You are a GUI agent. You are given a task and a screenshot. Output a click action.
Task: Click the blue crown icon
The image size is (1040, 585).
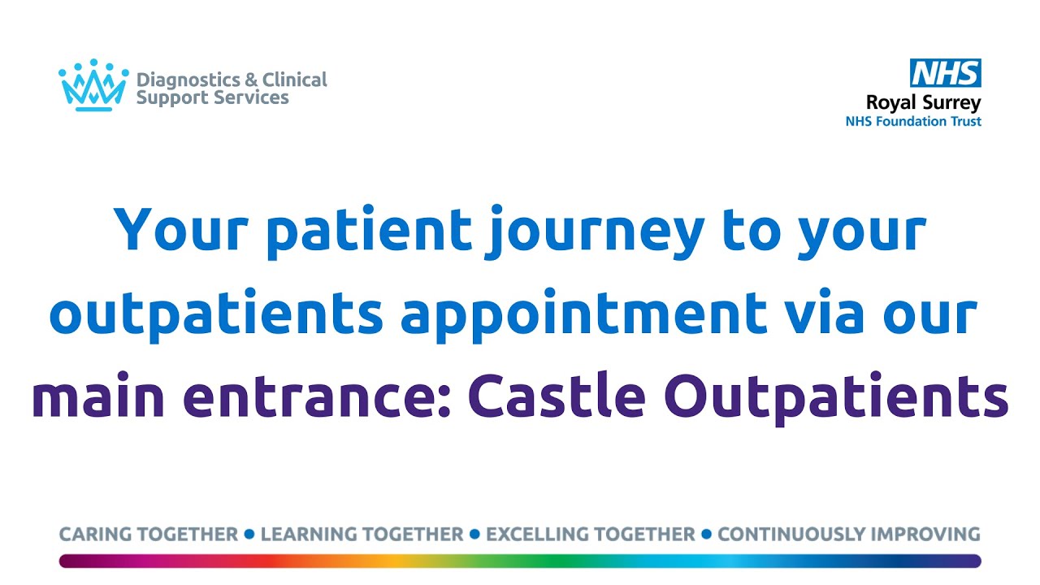coord(93,85)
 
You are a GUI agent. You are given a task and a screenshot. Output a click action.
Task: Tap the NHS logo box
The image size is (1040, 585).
coord(944,73)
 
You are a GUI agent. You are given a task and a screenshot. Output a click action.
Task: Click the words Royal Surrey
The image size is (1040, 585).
coord(923,103)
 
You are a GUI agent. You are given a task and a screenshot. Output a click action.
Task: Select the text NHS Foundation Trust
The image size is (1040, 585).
coord(913,122)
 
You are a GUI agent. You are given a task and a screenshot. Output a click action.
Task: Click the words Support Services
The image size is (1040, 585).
coord(212,98)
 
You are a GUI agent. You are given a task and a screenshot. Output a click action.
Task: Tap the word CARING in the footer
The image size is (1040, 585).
coord(98,535)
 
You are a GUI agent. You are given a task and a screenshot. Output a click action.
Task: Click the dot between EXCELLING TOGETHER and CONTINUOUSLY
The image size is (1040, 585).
coord(706,535)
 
